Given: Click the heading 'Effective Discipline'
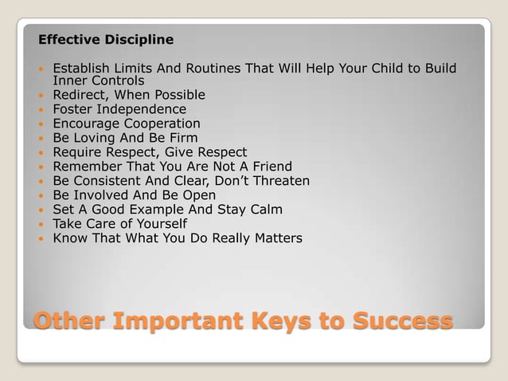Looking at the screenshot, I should pos(106,39).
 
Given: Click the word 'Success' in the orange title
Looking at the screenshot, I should pos(392,322).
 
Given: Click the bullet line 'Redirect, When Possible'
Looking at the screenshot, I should pos(128,95).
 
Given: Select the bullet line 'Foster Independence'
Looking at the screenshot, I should pos(119,109).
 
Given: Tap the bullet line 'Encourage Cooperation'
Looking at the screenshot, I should pos(126,124).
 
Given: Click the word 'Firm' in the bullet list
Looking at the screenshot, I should pos(183,138).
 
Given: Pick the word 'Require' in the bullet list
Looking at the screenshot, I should pos(78,152).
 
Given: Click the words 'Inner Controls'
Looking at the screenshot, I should pos(98,81).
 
